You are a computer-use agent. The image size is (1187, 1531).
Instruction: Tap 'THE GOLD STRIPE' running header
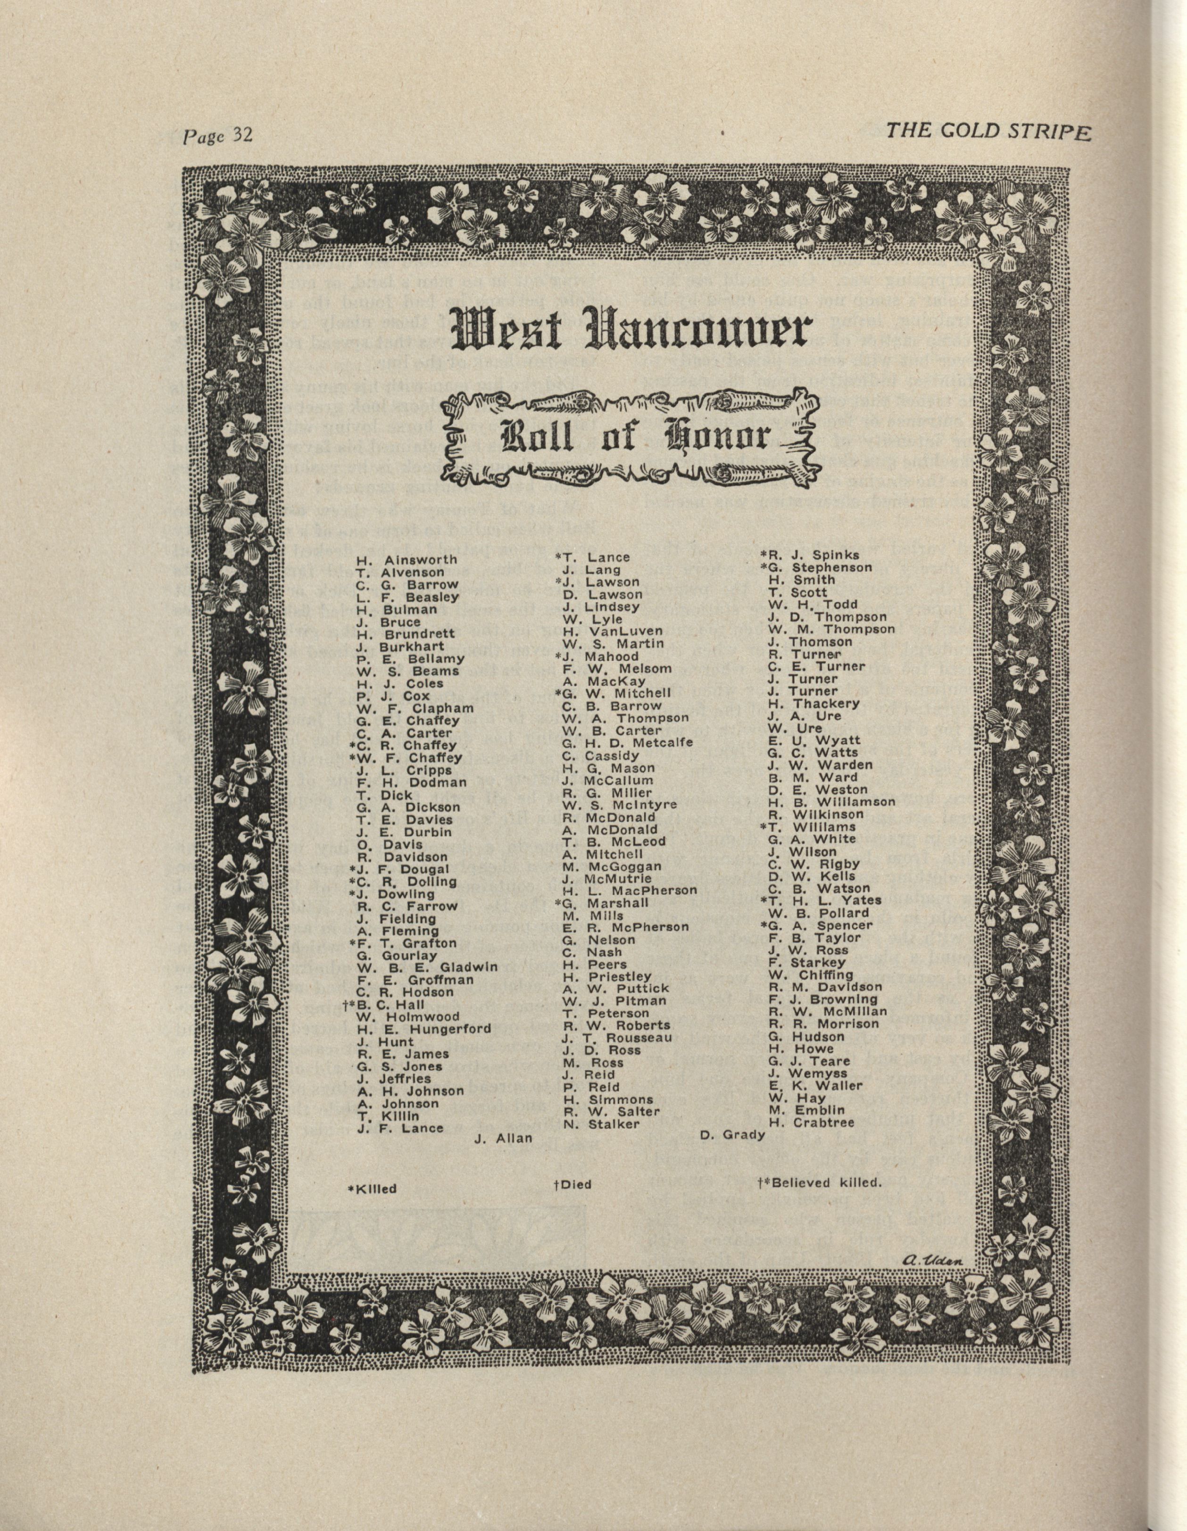point(988,132)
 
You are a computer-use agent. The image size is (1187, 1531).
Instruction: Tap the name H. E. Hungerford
point(424,1029)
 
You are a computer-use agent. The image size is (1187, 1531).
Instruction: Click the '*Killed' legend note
point(373,1189)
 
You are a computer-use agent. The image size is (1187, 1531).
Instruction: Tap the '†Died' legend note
point(573,1185)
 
